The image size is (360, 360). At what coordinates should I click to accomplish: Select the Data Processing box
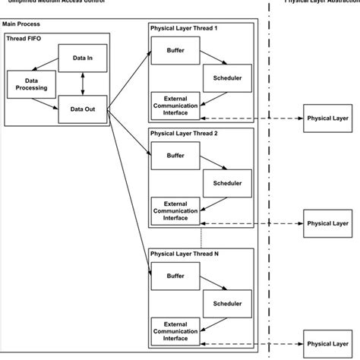point(30,84)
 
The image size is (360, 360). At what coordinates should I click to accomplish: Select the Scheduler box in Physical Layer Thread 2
point(226,183)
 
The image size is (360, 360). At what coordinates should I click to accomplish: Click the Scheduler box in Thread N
point(226,303)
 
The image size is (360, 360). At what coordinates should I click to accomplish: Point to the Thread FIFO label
point(25,38)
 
